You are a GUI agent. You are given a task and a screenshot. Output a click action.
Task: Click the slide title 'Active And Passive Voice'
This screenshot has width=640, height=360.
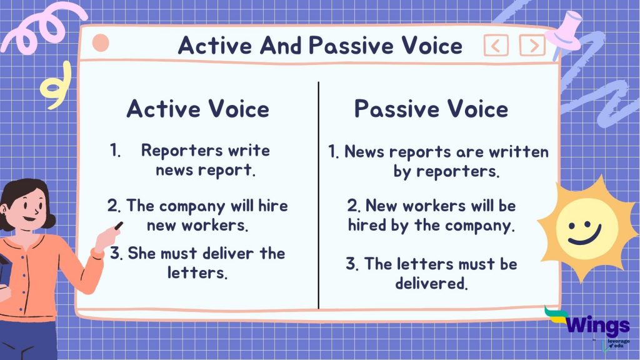tap(320, 45)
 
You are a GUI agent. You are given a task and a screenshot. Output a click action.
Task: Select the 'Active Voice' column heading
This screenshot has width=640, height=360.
tap(198, 109)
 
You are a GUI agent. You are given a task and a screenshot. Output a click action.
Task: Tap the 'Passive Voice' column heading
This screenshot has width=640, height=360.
tap(431, 109)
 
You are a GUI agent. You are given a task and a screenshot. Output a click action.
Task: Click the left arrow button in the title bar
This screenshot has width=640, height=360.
tap(496, 45)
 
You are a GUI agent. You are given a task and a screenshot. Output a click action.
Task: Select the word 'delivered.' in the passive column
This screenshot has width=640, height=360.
tap(431, 283)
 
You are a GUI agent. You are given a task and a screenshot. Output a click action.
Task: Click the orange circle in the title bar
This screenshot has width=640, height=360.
tap(100, 43)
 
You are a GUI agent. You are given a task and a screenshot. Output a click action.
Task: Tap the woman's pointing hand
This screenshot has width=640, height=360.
tap(111, 232)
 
